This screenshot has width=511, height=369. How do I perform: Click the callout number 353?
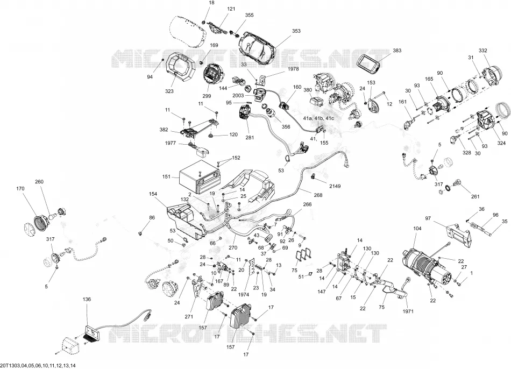tap(296, 31)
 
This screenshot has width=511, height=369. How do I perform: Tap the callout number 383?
tap(397, 51)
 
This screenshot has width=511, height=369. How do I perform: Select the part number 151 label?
tap(166, 177)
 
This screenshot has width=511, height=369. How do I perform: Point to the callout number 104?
tap(417, 229)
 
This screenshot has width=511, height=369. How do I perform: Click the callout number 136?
tap(87, 299)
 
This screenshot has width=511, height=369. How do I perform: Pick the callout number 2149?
tap(335, 186)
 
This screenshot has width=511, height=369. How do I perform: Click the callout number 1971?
tap(408, 311)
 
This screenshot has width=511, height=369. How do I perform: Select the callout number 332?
tap(483, 51)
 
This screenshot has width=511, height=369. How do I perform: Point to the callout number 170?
tap(20, 188)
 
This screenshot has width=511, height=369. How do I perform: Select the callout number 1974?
tap(244, 295)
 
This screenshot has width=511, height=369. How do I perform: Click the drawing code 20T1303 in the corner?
tap(9, 365)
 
